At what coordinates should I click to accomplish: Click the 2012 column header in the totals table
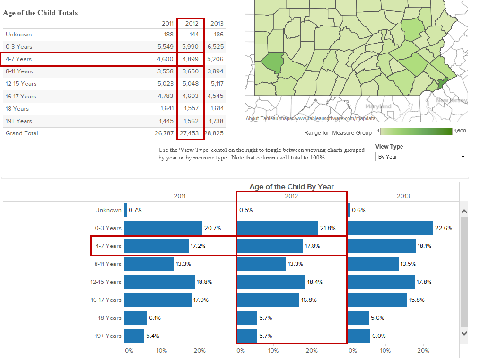coord(192,23)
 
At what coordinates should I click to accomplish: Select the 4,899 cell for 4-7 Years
coord(192,59)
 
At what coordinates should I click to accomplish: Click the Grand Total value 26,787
coord(165,133)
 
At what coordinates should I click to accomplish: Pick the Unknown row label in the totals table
coord(19,35)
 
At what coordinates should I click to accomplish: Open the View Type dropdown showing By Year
coord(421,157)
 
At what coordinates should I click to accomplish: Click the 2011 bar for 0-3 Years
coord(163,228)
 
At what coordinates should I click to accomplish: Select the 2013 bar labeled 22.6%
coord(391,228)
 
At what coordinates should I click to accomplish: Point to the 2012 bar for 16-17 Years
coord(268,300)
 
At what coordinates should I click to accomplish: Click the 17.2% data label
coord(198,246)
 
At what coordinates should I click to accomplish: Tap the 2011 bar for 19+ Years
coord(134,336)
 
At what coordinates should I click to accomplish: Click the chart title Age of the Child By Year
coord(291,187)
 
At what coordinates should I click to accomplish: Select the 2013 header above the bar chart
coord(403,196)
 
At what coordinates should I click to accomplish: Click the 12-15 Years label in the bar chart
coord(106,282)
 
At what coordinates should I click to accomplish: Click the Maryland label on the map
coord(379,106)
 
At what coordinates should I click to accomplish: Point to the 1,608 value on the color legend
coord(460,131)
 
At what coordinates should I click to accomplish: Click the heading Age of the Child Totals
coord(40,13)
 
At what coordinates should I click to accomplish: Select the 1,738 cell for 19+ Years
coord(215,121)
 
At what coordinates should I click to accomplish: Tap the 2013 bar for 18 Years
coord(358,318)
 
